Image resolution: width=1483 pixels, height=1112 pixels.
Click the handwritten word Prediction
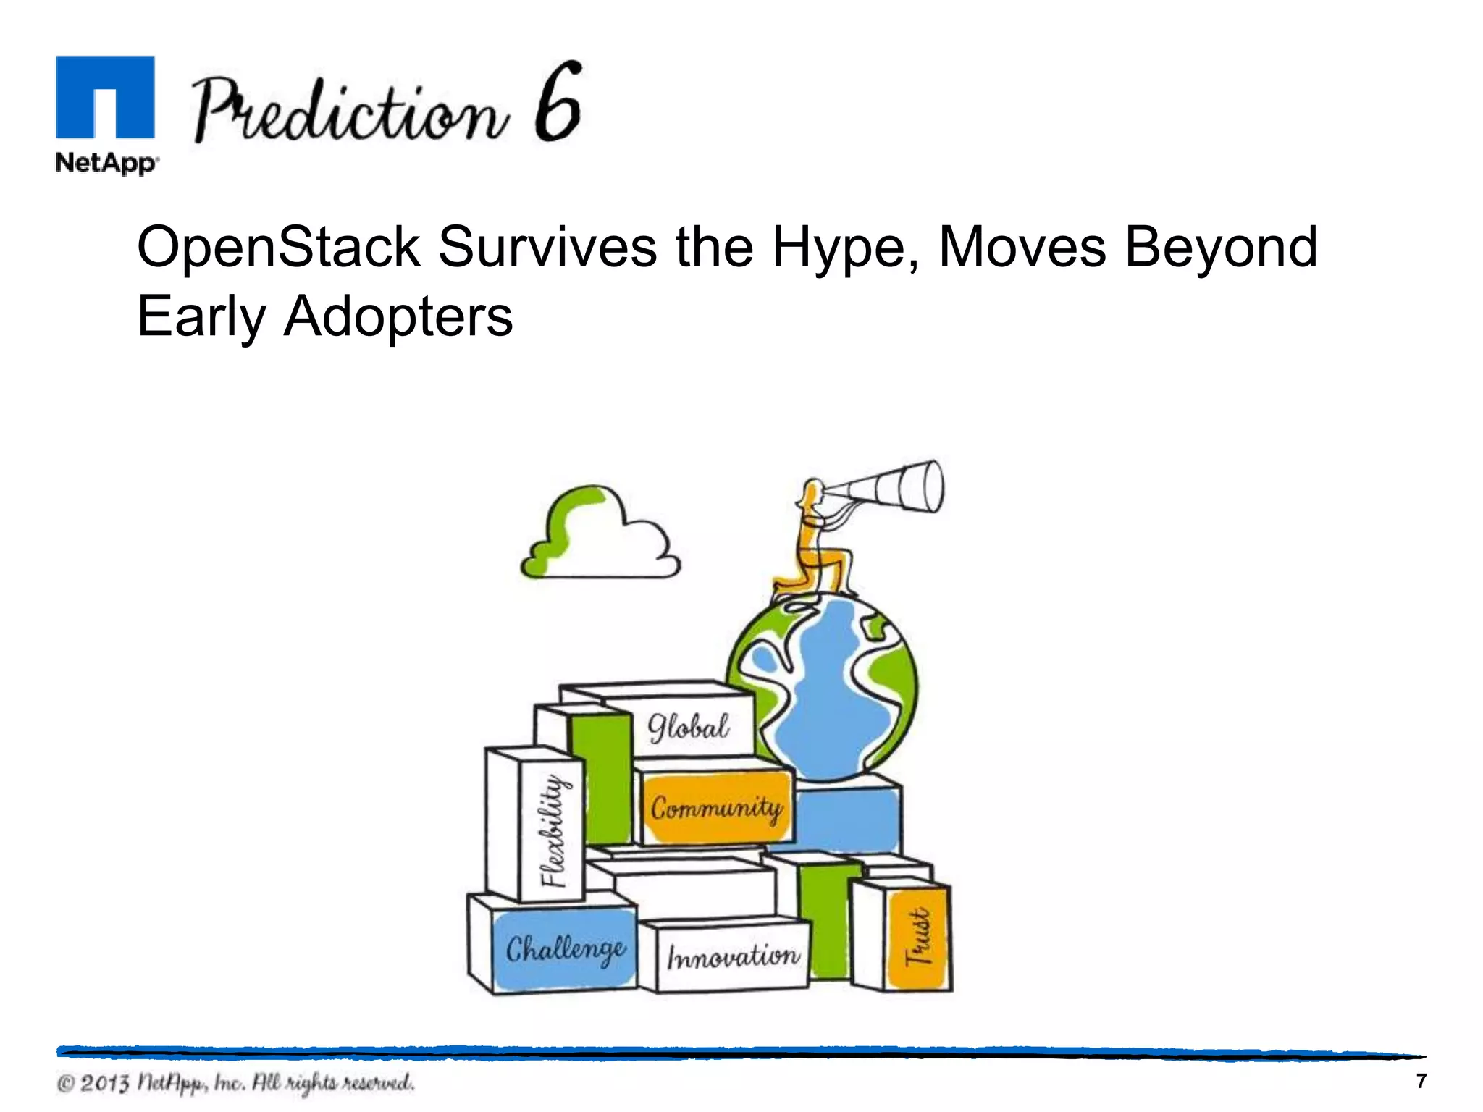[x=348, y=112]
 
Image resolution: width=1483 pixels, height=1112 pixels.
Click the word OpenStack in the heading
[x=279, y=248]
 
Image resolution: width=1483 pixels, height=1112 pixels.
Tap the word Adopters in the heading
[x=398, y=316]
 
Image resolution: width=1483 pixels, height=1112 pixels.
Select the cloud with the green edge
[x=600, y=536]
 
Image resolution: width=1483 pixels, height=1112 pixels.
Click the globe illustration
[x=822, y=688]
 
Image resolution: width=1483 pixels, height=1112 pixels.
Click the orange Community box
[x=716, y=807]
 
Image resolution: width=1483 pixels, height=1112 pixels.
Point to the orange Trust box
[x=917, y=938]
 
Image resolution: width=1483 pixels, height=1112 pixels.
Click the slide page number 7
[x=1421, y=1081]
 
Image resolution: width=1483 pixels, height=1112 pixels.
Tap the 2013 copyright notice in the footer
[x=236, y=1083]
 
